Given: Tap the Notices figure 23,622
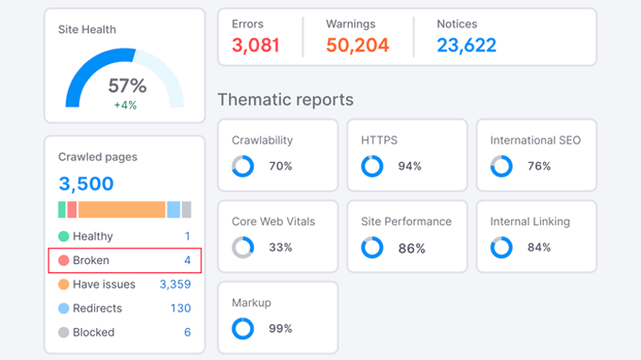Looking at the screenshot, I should point(467,45).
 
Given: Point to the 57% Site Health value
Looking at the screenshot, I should point(127,86).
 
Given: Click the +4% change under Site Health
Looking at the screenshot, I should point(126,104).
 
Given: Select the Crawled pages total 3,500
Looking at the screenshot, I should point(86,183).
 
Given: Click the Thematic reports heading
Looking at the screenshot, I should point(285,100).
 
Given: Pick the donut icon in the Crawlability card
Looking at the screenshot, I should point(243,166).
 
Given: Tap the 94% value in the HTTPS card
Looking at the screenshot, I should point(409,166).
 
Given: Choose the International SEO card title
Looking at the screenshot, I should point(535,140).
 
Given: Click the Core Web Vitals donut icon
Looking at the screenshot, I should point(243,247).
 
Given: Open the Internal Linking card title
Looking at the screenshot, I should point(530,221).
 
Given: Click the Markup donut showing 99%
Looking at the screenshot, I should point(243,328).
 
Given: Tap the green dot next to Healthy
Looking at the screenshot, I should point(63,236).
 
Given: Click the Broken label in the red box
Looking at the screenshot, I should point(91,260).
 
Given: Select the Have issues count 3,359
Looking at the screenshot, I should point(175,284).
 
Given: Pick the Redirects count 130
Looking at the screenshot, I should point(180,308).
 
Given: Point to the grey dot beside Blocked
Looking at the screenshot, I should point(63,333).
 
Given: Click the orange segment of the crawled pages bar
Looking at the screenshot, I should point(121,210).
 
